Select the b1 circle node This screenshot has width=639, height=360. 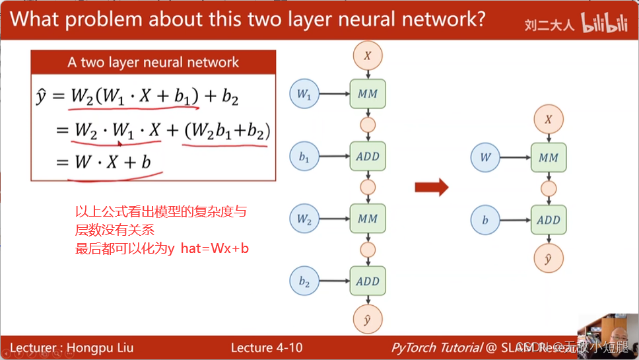point(304,157)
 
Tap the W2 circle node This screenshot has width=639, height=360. point(304,219)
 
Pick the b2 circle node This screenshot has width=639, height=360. point(304,281)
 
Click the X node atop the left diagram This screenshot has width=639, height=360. point(368,55)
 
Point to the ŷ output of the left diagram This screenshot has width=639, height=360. point(368,320)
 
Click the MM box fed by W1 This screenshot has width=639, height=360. point(368,94)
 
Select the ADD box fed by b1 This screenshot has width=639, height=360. point(368,157)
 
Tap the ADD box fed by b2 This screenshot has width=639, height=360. point(368,281)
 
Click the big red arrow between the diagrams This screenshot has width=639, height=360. point(431,188)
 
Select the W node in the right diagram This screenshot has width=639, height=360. point(485,158)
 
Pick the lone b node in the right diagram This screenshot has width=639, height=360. point(485,220)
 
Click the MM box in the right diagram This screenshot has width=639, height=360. point(549,158)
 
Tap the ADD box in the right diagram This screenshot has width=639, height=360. point(549,220)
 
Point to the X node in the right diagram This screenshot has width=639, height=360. point(549,120)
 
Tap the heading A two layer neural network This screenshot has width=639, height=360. point(153,63)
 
